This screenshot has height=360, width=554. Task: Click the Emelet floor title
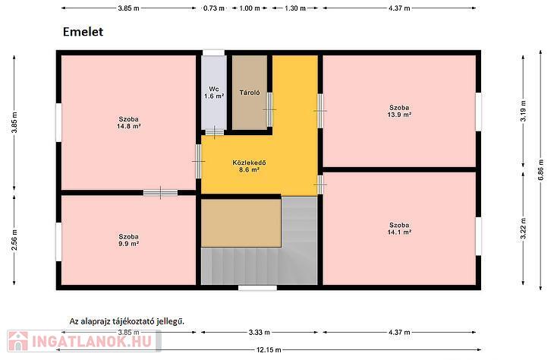(x=83, y=32)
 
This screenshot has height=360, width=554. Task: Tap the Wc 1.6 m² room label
(x=214, y=93)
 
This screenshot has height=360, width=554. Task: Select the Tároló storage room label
(x=250, y=93)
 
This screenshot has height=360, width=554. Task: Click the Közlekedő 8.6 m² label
(x=249, y=166)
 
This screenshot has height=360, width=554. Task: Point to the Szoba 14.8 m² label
(x=128, y=122)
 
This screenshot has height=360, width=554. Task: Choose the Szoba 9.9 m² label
(x=128, y=240)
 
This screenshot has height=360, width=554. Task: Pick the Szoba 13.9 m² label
(x=399, y=111)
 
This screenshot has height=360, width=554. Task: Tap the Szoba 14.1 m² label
(x=399, y=229)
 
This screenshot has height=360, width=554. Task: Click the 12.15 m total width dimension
(x=269, y=349)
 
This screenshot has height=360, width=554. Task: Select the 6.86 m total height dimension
(x=540, y=170)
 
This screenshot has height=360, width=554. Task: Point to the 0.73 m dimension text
(x=214, y=8)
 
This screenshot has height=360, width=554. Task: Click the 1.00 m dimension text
(x=250, y=8)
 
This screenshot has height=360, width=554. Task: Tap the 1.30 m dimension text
(x=295, y=8)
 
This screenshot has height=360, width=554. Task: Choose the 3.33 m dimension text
(x=260, y=333)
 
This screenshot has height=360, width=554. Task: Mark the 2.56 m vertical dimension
(x=14, y=240)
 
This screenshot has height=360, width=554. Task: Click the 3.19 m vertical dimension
(x=523, y=111)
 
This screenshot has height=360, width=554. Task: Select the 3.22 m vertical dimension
(x=523, y=229)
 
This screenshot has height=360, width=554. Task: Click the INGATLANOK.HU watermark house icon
(x=17, y=341)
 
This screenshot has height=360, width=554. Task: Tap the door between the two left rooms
(x=160, y=192)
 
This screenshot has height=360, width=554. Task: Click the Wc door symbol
(x=215, y=132)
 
